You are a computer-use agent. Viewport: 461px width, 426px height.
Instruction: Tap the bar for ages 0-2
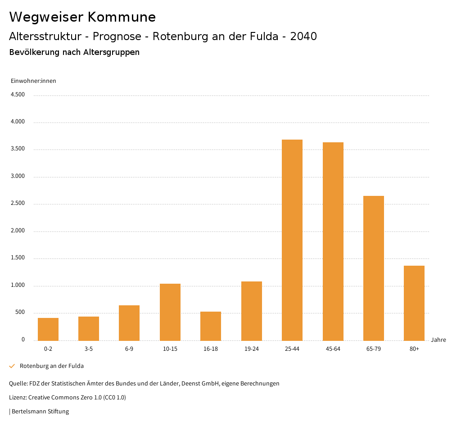point(48,329)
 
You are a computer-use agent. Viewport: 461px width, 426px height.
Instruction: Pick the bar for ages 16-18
point(211,326)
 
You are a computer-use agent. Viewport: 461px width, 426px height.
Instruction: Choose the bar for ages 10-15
point(170,312)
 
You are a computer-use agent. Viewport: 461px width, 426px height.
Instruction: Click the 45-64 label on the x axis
point(333,349)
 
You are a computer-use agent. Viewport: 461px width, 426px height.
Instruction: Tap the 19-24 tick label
point(252,349)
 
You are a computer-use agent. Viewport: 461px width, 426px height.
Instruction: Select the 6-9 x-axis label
point(129,349)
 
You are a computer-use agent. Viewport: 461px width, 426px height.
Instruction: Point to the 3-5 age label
point(89,349)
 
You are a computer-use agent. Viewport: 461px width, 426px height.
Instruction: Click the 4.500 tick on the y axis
point(18,95)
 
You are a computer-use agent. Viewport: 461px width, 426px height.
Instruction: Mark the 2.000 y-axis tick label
point(18,231)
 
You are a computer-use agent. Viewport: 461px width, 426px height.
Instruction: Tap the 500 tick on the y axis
point(20,313)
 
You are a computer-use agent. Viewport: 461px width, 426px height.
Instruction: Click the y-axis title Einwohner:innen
point(33,81)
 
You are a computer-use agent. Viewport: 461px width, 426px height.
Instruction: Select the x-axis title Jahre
point(438,340)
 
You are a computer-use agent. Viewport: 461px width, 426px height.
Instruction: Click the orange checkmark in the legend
point(12,366)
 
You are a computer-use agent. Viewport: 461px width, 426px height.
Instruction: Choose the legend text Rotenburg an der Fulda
point(52,366)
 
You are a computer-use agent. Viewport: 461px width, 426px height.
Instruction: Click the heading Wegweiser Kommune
point(82,17)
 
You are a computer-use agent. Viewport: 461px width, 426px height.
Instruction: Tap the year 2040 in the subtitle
point(303,36)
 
